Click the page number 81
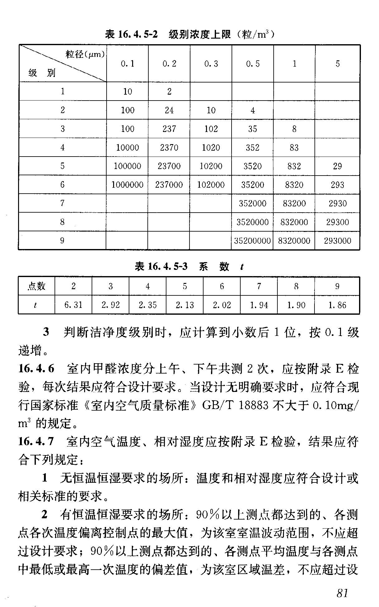click(x=342, y=593)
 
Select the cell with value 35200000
click(x=252, y=241)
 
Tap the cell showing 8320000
click(x=294, y=241)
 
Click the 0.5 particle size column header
click(x=252, y=64)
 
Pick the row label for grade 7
click(x=62, y=203)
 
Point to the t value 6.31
click(x=74, y=305)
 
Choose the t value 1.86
click(x=337, y=305)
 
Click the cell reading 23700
click(x=169, y=166)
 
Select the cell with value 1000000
click(x=127, y=185)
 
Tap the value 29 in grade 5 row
click(x=337, y=166)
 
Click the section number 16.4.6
click(x=36, y=369)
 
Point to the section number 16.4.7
click(x=36, y=441)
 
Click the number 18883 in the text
click(x=254, y=405)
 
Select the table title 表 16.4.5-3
click(x=161, y=266)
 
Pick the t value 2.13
click(x=185, y=305)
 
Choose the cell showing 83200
click(x=294, y=203)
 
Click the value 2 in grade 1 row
click(x=169, y=92)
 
